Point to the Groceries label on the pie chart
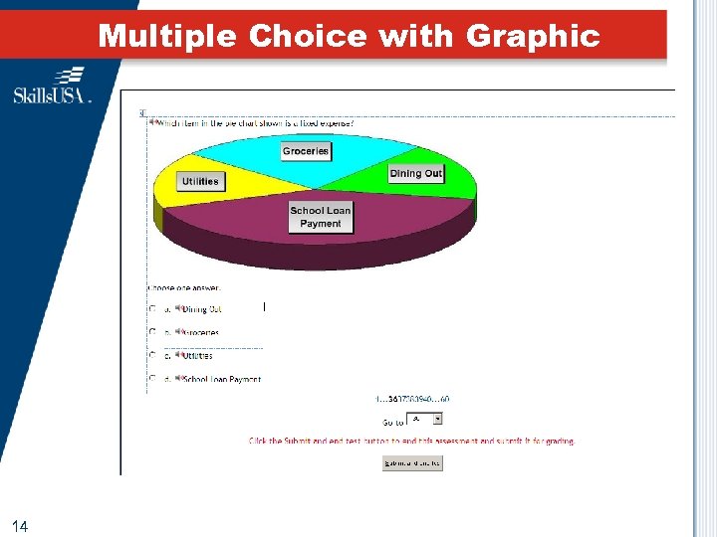click(x=306, y=151)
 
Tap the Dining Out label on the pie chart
click(x=415, y=173)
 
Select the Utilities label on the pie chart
click(x=200, y=181)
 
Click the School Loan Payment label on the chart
click(x=321, y=217)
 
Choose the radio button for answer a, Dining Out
click(x=152, y=309)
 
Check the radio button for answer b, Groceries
click(x=152, y=332)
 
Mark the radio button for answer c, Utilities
click(x=152, y=355)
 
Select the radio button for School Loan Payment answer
click(x=152, y=379)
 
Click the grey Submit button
click(x=412, y=462)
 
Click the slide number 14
click(x=21, y=524)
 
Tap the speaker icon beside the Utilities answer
click(x=178, y=355)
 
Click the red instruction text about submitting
click(x=411, y=441)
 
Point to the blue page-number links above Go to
click(x=412, y=399)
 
